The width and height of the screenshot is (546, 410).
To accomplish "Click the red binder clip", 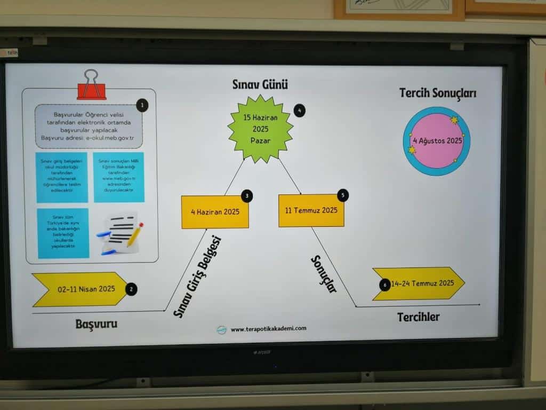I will [91, 85].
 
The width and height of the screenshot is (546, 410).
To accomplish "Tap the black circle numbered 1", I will [142, 105].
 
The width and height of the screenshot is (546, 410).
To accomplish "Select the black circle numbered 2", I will [131, 289].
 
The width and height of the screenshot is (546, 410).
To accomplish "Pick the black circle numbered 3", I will [246, 196].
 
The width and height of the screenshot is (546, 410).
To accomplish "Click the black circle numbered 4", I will [300, 111].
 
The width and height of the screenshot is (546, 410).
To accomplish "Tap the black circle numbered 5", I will [343, 195].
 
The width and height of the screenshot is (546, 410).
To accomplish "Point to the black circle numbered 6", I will [384, 285].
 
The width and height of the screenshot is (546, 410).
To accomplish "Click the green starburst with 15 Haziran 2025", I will [260, 129].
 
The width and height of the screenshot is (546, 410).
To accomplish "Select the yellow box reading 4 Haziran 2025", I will [215, 212].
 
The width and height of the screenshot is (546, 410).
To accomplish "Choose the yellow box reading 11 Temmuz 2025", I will [311, 210].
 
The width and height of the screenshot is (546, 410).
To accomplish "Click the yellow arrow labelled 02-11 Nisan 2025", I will [80, 290].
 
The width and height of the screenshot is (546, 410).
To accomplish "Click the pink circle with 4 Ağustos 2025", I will [437, 141].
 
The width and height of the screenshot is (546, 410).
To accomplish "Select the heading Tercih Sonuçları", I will [438, 93].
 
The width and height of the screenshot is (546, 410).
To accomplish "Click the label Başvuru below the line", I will [96, 324].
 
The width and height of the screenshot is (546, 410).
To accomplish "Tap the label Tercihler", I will [418, 317].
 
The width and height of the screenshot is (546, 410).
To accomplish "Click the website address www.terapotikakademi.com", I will [268, 329].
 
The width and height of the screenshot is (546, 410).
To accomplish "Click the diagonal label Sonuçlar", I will [324, 273].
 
